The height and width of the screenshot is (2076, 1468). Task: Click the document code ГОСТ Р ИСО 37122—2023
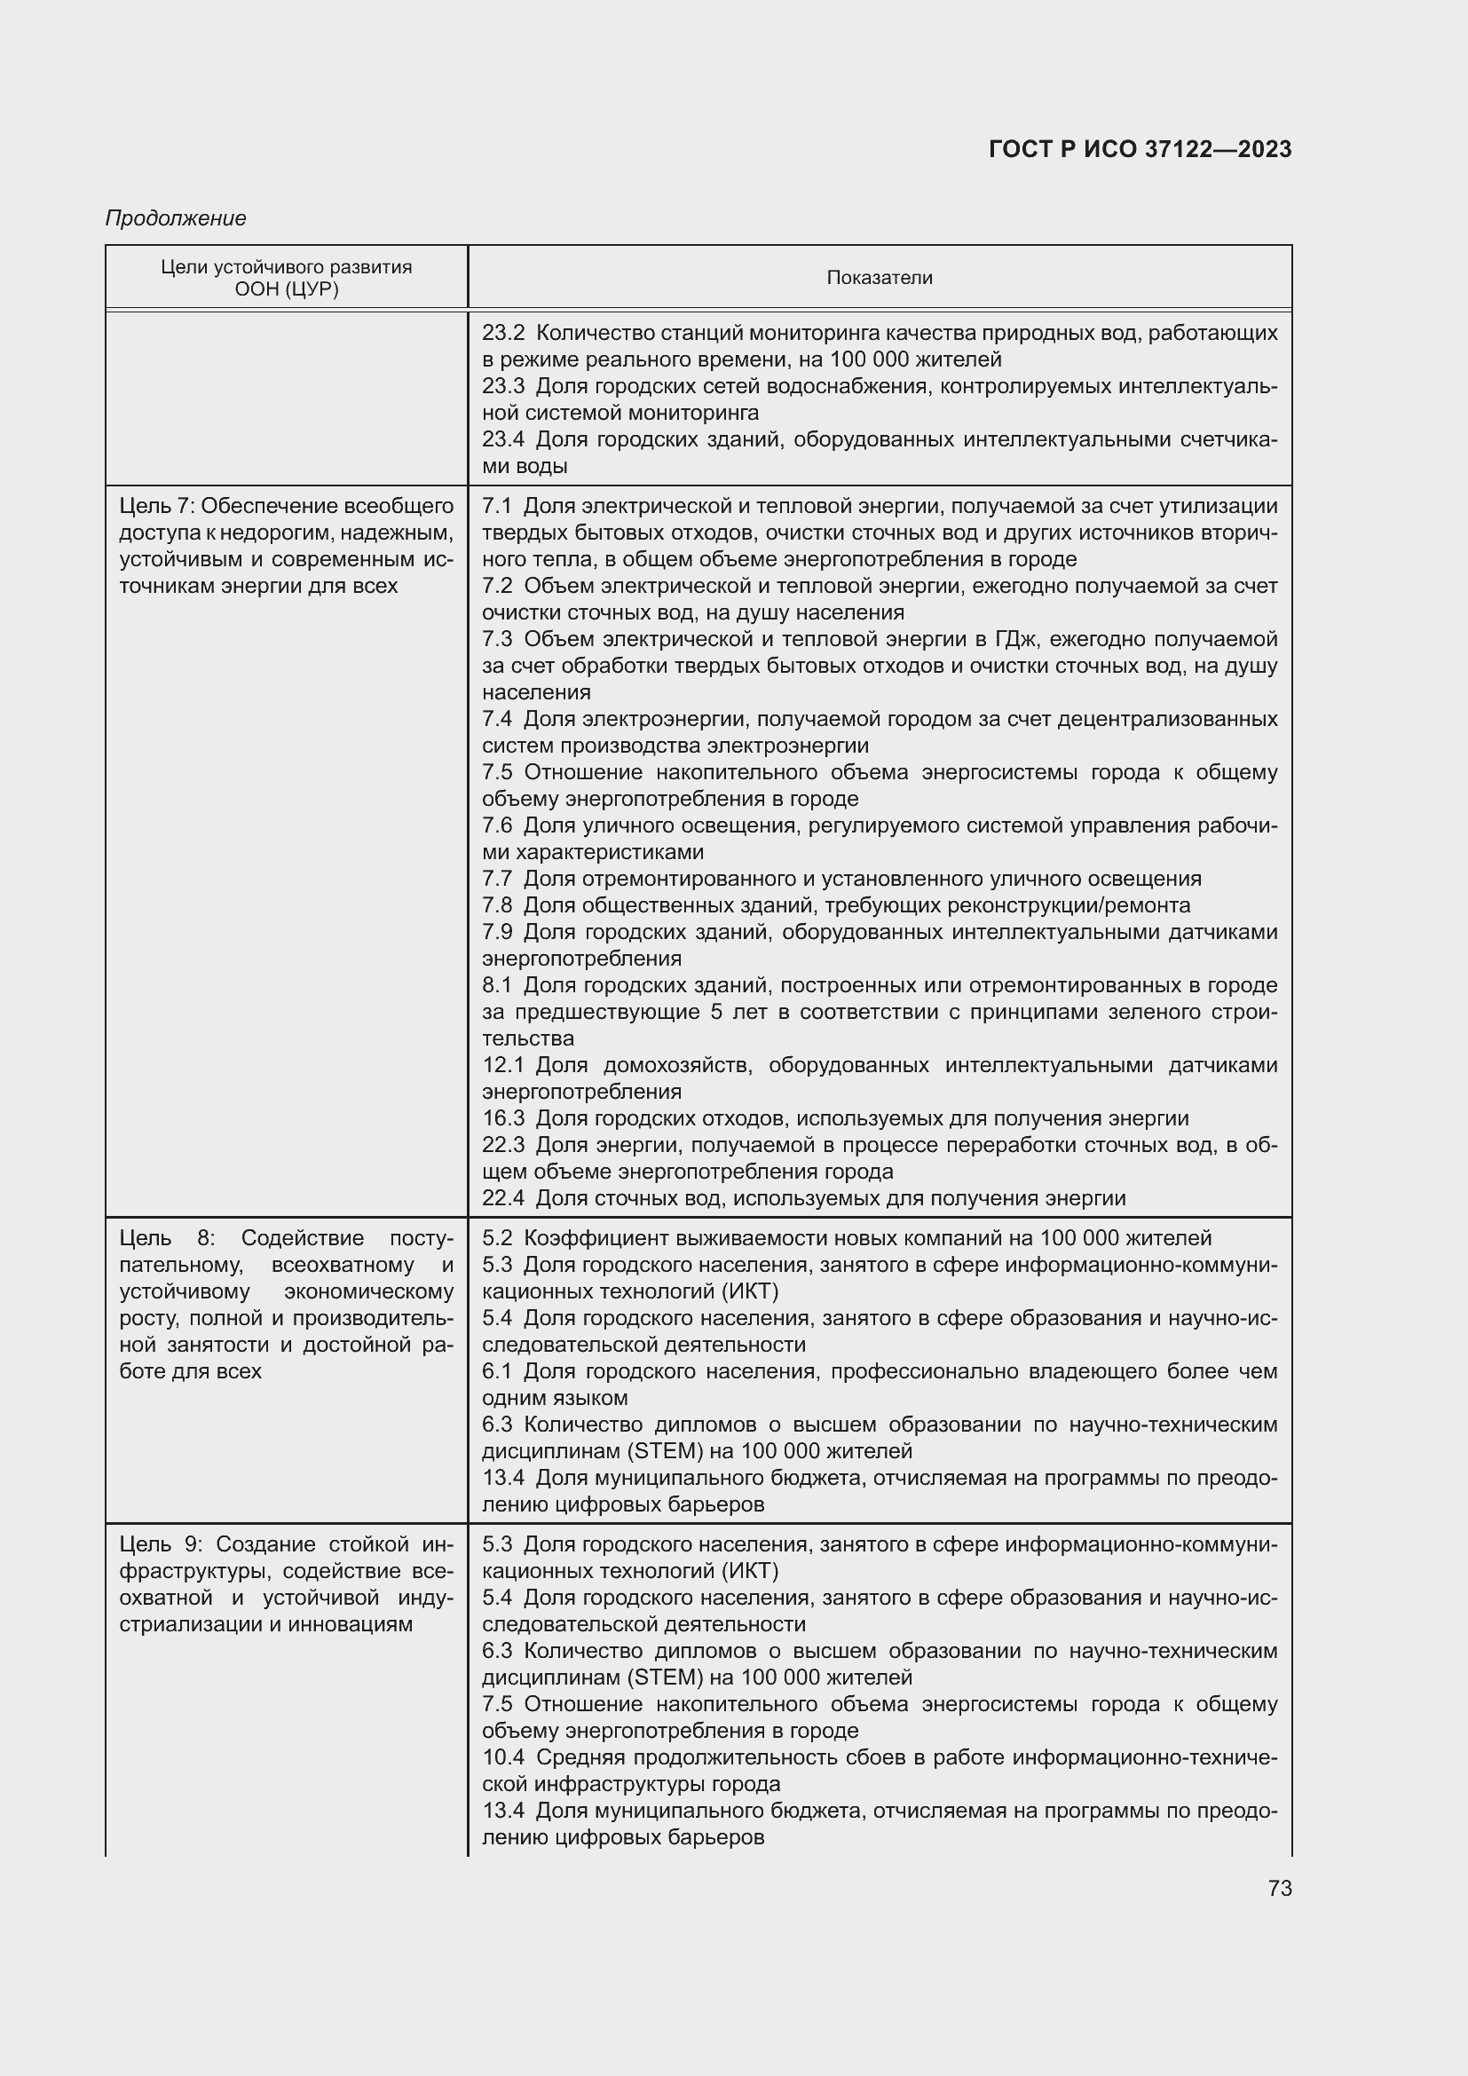[x=1140, y=149]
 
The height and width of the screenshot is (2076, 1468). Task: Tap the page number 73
[x=1279, y=1888]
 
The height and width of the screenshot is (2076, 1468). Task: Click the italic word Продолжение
[x=176, y=218]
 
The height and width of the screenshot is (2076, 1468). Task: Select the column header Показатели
[x=879, y=278]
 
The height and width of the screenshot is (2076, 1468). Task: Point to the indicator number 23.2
[x=502, y=333]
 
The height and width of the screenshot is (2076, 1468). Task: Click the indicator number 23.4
[x=502, y=439]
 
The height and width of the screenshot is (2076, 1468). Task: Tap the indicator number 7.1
[x=496, y=505]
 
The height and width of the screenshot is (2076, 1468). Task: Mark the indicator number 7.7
[x=496, y=879]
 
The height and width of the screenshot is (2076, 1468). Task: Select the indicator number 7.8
[x=496, y=905]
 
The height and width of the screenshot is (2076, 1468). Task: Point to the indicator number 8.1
[x=496, y=984]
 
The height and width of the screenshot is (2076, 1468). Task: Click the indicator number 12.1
[x=502, y=1065]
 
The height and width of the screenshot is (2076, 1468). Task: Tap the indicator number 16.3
[x=502, y=1118]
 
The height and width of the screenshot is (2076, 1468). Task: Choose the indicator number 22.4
[x=502, y=1198]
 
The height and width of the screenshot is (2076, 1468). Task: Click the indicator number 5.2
[x=496, y=1238]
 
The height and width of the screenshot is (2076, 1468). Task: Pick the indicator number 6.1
[x=496, y=1370]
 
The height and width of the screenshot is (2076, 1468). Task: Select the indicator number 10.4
[x=502, y=1756]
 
